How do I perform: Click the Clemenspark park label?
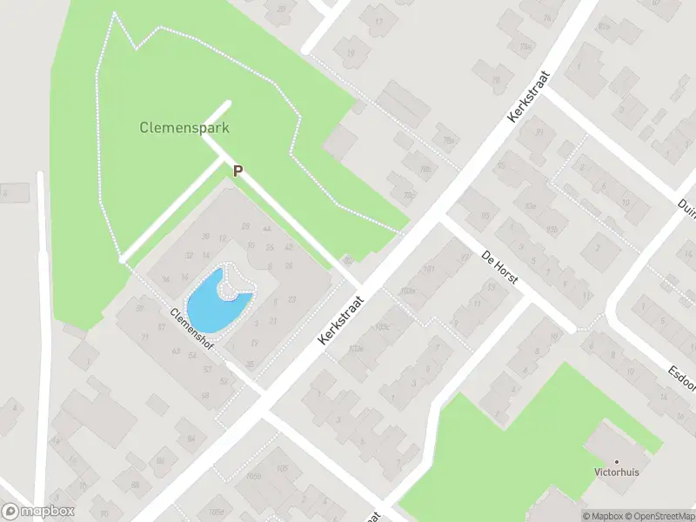click(184, 127)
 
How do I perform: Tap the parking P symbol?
click(237, 171)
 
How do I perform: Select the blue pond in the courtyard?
click(217, 301)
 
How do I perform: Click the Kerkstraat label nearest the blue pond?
click(341, 318)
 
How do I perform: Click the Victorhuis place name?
click(618, 475)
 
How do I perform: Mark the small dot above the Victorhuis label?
click(618, 462)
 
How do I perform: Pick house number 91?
click(539, 131)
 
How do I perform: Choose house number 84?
click(191, 425)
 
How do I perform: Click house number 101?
click(428, 269)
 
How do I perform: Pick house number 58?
click(205, 395)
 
